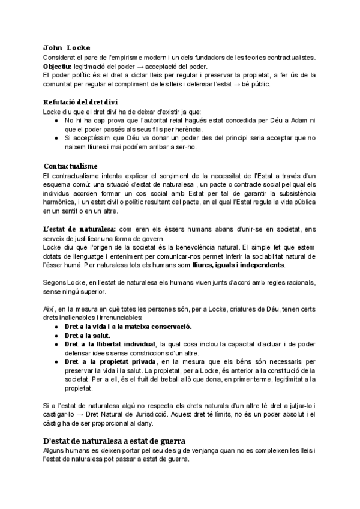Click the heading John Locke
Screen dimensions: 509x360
point(67,47)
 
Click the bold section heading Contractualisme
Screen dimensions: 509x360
point(71,166)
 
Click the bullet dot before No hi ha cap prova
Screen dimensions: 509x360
point(56,120)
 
